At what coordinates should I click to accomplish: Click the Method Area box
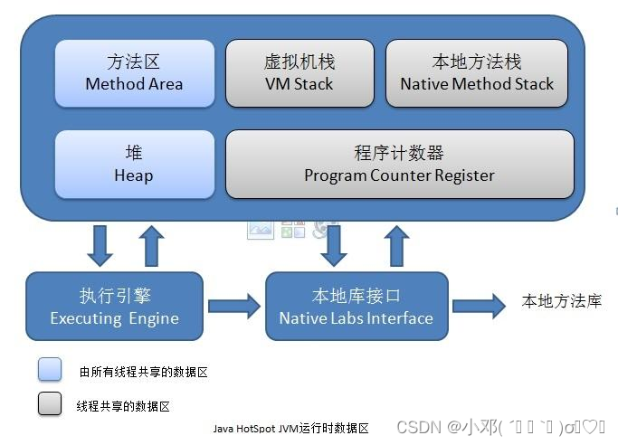(x=134, y=72)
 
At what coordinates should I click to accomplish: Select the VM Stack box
(x=299, y=72)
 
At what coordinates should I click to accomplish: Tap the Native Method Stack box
(x=477, y=72)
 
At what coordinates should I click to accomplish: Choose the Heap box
(x=134, y=164)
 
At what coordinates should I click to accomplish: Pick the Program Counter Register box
(x=399, y=164)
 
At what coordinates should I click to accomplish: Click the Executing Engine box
(x=114, y=306)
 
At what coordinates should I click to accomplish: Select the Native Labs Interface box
(x=356, y=306)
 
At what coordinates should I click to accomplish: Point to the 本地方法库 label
(x=561, y=302)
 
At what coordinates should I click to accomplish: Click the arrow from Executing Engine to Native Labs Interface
(x=233, y=305)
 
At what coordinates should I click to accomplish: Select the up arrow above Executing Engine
(x=153, y=244)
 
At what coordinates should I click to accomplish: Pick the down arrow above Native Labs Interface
(x=336, y=244)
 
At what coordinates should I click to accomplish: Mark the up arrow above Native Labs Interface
(x=395, y=244)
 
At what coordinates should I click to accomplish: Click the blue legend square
(x=50, y=369)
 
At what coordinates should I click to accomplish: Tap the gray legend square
(x=50, y=404)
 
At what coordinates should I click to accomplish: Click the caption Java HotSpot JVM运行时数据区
(x=290, y=428)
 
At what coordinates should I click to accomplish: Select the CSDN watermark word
(x=417, y=427)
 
